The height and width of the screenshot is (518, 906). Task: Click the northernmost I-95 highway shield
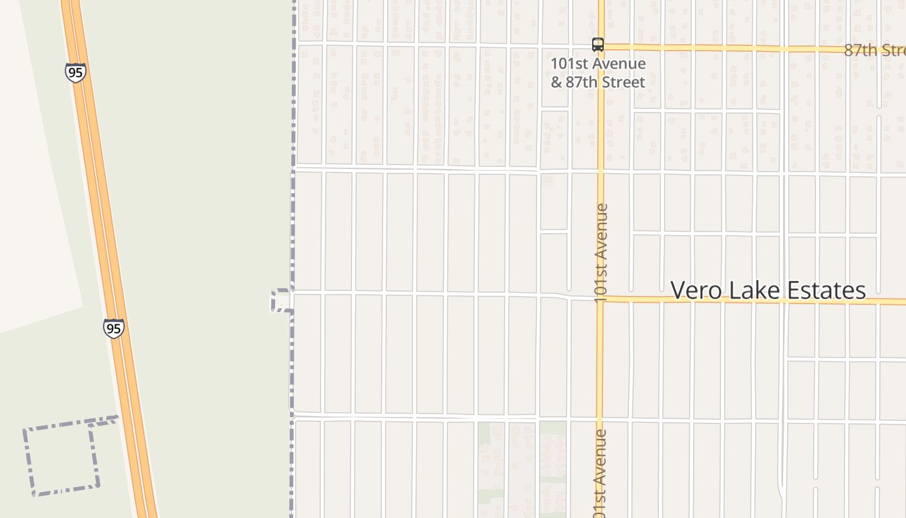[x=76, y=73]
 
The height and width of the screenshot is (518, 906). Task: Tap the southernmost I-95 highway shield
[x=113, y=328]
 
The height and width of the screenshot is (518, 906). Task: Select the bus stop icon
[x=598, y=45]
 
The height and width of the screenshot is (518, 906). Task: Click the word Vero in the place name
[x=697, y=291]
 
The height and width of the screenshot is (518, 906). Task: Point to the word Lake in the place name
[x=754, y=291]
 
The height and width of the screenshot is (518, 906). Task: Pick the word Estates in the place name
[x=825, y=291]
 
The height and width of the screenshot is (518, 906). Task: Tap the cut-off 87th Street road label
[x=874, y=51]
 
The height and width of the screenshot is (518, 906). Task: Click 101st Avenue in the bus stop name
[x=598, y=63]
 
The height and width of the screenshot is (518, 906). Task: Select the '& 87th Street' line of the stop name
[x=598, y=82]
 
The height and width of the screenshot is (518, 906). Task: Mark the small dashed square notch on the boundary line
[x=281, y=301]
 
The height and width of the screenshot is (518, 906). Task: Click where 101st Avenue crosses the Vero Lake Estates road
[x=601, y=299]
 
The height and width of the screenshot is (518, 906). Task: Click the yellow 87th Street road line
[x=712, y=48]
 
